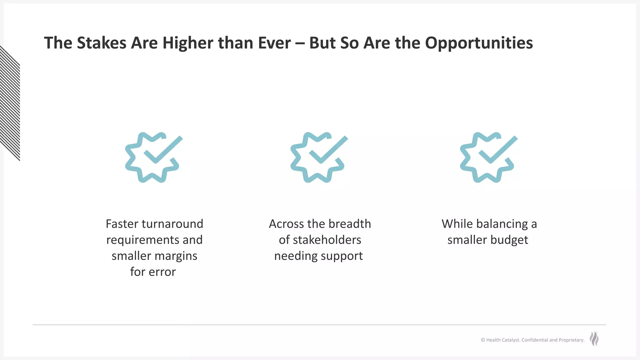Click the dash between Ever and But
(x=300, y=43)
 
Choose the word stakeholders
(x=327, y=240)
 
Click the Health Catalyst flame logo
(x=594, y=339)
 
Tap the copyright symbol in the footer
(x=483, y=340)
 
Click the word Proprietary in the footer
(x=571, y=340)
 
